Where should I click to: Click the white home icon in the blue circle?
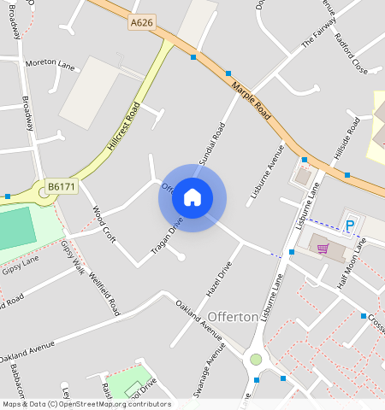pos(192,198)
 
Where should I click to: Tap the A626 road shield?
pos(142,23)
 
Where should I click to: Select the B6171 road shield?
pos(61,185)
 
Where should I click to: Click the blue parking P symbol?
pos(349,225)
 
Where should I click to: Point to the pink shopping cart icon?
pos(323,249)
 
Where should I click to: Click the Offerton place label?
pos(233,317)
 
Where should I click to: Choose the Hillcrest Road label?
pos(124,127)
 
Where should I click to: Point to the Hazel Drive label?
pos(220,279)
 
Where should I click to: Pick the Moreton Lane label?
pos(50,63)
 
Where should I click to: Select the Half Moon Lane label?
pos(352,262)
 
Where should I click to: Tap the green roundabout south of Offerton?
pos(255,360)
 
